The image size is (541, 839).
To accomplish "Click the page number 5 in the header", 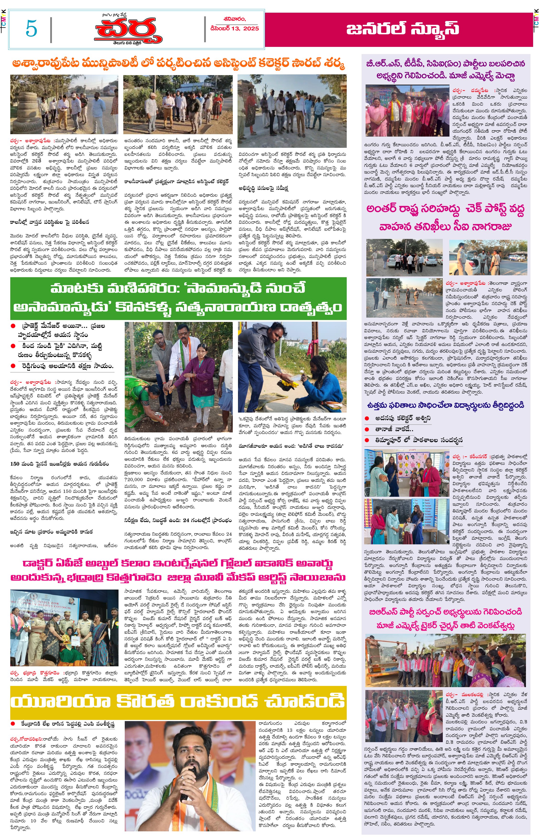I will click(31, 28).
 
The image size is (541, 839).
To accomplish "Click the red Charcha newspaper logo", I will click(128, 31).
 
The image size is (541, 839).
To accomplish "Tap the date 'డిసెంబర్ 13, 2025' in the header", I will click(234, 28).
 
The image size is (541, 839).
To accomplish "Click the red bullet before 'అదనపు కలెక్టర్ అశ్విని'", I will click(367, 418).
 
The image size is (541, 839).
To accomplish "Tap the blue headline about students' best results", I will click(445, 405).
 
